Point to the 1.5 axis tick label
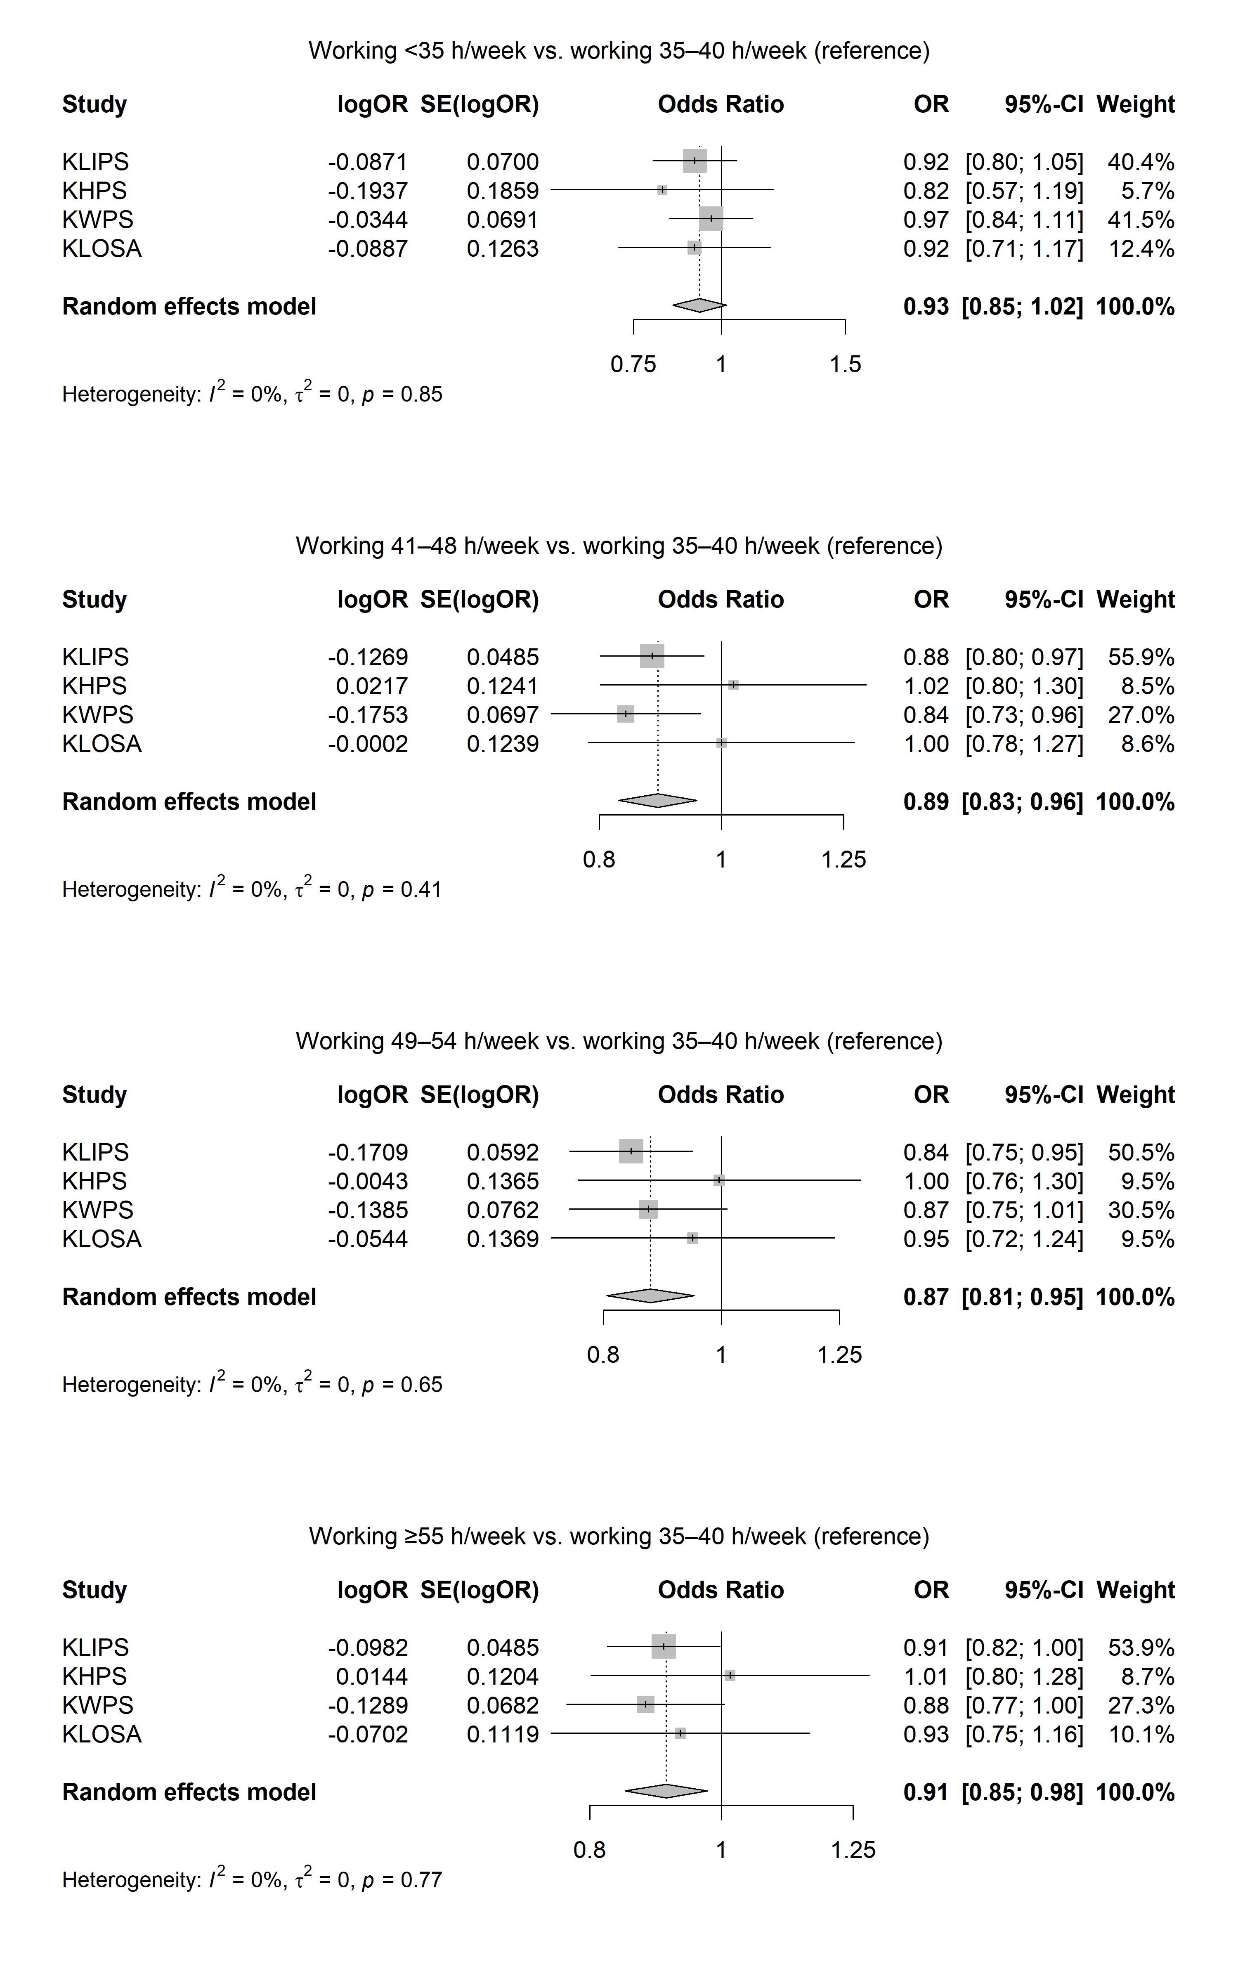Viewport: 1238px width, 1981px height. click(x=845, y=364)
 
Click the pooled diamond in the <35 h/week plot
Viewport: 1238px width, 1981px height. click(x=699, y=305)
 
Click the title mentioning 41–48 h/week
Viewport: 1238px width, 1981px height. click(x=619, y=546)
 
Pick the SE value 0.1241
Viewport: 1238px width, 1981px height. click(x=503, y=686)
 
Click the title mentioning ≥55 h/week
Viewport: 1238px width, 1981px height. click(x=619, y=1537)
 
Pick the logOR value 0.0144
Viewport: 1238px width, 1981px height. click(x=372, y=1676)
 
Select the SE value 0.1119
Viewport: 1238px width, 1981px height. click(x=503, y=1734)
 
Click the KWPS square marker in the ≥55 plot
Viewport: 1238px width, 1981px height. click(x=645, y=1704)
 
